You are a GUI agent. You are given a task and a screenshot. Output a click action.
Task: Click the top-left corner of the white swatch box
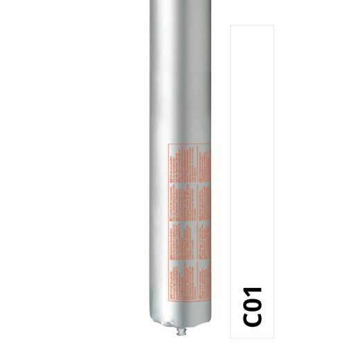tap(231, 26)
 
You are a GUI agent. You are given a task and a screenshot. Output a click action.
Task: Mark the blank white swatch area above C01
tap(255, 138)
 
